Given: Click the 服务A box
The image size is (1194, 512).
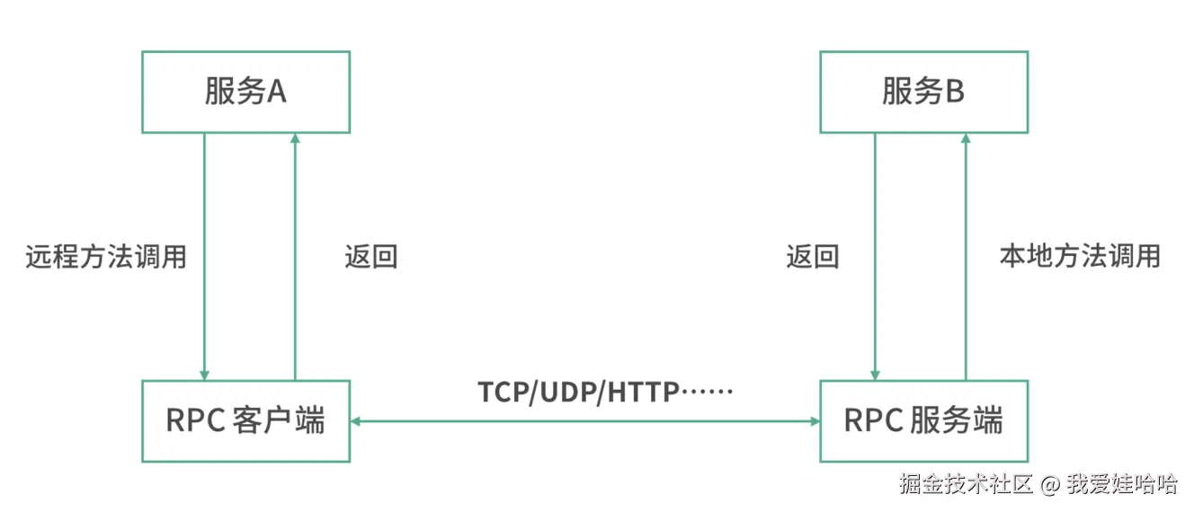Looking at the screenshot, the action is point(245,92).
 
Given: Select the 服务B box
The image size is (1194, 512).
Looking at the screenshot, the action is point(923,92).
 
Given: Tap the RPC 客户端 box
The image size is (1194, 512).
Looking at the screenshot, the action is point(245,420).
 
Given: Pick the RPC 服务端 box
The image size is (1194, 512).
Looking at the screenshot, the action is point(923,420).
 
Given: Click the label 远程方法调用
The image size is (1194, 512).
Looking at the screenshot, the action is point(106,257).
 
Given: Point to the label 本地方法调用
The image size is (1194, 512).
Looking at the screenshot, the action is point(1080,257).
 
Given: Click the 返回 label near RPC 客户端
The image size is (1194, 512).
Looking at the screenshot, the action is point(370,257).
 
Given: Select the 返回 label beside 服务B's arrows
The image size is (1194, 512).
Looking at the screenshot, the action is point(812,257).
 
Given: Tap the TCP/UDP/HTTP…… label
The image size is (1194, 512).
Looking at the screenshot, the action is point(606,392).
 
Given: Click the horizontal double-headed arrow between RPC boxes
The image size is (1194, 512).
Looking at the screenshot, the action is point(584,420).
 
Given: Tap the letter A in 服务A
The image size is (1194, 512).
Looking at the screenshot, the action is point(276,92).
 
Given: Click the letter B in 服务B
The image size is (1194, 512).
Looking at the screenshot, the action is point(954,92).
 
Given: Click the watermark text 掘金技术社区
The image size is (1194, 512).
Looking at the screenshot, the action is point(966,484).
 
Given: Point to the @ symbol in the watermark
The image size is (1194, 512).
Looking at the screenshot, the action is point(1050,485).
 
